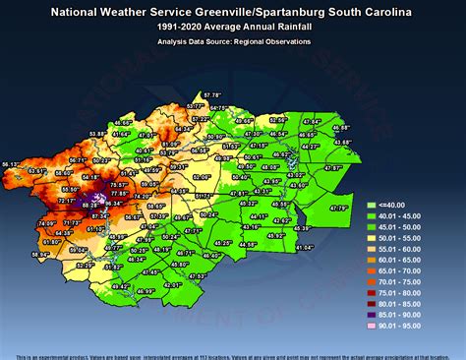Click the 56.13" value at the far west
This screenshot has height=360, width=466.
[x=12, y=163]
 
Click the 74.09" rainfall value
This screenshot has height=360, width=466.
[x=47, y=223]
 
